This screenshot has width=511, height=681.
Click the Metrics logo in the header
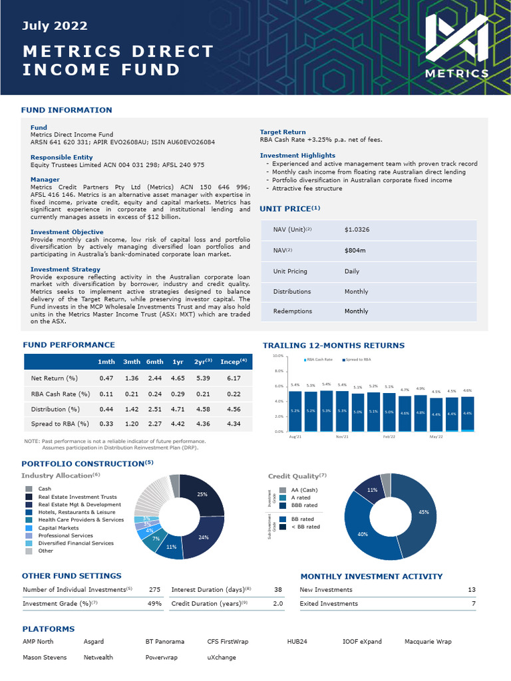[456, 47]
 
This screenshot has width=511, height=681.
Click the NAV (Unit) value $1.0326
[357, 230]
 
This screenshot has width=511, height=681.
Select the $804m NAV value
[354, 251]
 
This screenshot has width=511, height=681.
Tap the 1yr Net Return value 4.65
[178, 378]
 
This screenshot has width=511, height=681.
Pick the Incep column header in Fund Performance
[233, 361]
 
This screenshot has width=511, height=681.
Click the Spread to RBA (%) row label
[60, 424]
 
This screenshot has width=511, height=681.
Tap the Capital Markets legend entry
[59, 528]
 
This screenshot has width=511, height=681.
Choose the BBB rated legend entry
[305, 505]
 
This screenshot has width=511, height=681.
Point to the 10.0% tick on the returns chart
[278, 356]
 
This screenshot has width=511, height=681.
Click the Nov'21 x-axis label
[343, 437]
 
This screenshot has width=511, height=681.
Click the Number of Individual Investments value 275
[155, 590]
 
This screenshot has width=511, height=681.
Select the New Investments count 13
[472, 590]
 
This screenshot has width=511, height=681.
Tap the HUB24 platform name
[297, 642]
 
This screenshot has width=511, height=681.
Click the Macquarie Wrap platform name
[428, 642]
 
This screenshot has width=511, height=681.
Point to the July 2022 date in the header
[55, 27]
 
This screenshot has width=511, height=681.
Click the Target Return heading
[283, 132]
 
